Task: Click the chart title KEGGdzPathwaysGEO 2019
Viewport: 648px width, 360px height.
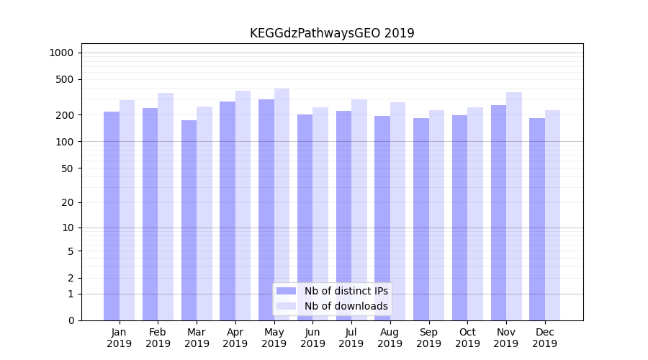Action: click(332, 33)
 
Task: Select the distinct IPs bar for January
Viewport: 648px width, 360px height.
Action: click(112, 216)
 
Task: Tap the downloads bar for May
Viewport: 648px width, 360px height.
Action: click(282, 204)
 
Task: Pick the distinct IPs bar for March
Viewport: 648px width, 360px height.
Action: click(189, 220)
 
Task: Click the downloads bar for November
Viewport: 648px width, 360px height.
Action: click(514, 206)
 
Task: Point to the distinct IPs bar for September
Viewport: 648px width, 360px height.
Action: click(421, 219)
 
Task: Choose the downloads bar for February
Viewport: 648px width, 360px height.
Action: click(166, 207)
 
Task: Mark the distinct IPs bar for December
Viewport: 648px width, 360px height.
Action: click(537, 219)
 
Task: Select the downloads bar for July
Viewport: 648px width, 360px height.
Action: click(359, 210)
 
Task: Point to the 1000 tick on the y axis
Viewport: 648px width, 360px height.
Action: click(61, 53)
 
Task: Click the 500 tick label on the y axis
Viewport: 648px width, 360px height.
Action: click(65, 79)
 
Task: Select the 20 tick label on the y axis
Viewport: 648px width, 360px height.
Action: click(68, 202)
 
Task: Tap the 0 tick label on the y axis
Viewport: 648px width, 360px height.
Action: click(71, 320)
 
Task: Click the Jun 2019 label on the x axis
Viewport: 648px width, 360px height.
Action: click(312, 338)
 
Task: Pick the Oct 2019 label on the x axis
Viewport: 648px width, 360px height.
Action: click(467, 338)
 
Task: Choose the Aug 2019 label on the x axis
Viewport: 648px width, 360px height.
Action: click(390, 338)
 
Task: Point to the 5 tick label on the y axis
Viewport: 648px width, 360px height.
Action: click(71, 251)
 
